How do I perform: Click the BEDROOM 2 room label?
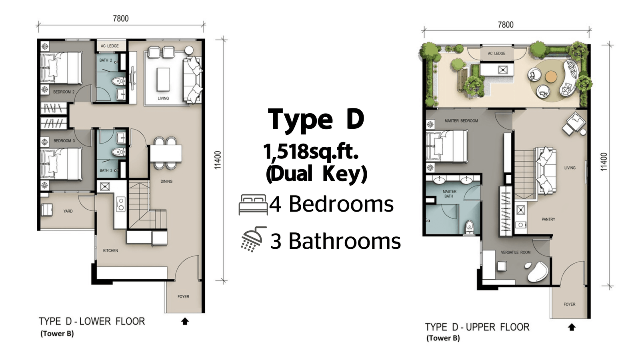tap(64, 92)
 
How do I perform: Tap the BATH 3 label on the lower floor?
tap(106, 170)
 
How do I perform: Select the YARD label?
tap(68, 211)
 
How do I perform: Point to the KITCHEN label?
tap(110, 250)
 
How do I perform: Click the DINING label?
tap(166, 182)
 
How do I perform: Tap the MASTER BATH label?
tap(450, 194)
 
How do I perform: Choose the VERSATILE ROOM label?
tap(516, 252)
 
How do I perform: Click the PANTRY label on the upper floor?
tap(548, 220)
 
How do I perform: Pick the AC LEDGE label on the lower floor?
tap(110, 46)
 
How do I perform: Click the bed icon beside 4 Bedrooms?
tap(253, 204)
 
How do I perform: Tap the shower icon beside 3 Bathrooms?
tap(253, 240)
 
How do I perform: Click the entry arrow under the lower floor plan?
tap(185, 322)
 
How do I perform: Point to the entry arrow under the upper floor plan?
tap(572, 327)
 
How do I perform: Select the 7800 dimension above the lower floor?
tap(121, 18)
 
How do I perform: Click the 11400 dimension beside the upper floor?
tap(604, 162)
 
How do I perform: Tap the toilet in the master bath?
tap(469, 228)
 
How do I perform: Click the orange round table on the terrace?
tap(551, 76)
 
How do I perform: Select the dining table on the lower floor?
tap(166, 154)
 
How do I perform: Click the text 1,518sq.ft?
tap(311, 152)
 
